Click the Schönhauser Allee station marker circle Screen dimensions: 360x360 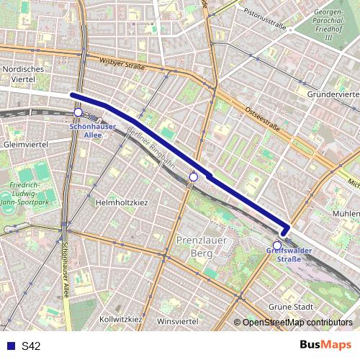click(x=78, y=112)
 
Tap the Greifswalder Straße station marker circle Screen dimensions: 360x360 click(x=277, y=245)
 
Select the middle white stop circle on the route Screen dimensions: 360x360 click(x=193, y=176)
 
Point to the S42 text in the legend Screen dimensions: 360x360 click(x=31, y=346)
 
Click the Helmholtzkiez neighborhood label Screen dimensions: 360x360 click(x=126, y=202)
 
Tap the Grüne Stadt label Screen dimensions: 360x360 click(x=289, y=307)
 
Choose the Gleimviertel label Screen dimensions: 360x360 click(x=25, y=144)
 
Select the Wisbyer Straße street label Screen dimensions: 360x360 click(x=122, y=65)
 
